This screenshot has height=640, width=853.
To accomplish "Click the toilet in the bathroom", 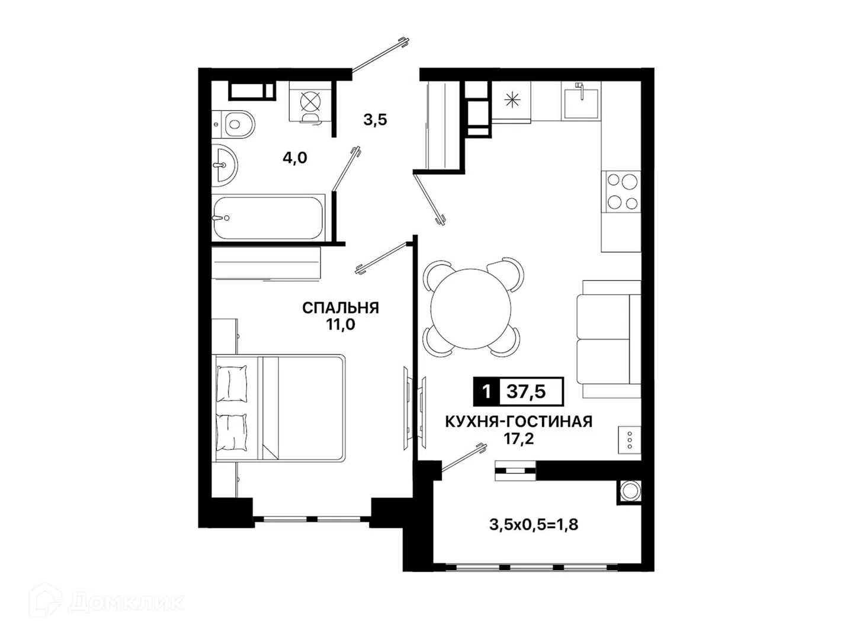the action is tap(233, 124).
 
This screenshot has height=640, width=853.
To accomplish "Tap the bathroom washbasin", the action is tap(225, 165).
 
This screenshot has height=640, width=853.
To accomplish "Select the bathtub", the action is tap(268, 217).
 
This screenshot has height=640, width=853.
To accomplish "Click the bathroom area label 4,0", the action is tap(295, 158).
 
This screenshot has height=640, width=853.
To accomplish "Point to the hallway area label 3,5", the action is tap(376, 119).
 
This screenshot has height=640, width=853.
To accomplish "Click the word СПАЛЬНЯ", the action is tap(341, 308).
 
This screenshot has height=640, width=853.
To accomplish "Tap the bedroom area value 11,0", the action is tap(341, 325).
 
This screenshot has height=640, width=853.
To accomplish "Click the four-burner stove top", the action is tap(621, 191).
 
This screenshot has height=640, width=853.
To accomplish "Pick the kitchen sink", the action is tap(581, 100).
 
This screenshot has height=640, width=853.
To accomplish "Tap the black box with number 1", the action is tap(486, 392).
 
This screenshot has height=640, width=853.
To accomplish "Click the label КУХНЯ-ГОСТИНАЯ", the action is tap(519, 421).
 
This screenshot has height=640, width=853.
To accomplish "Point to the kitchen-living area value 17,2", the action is tap(519, 439).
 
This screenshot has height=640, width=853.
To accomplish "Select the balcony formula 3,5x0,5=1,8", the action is tap(534, 525).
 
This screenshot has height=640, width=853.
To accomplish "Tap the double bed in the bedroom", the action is tap(278, 408).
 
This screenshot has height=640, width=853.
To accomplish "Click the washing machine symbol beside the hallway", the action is tap(310, 103).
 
